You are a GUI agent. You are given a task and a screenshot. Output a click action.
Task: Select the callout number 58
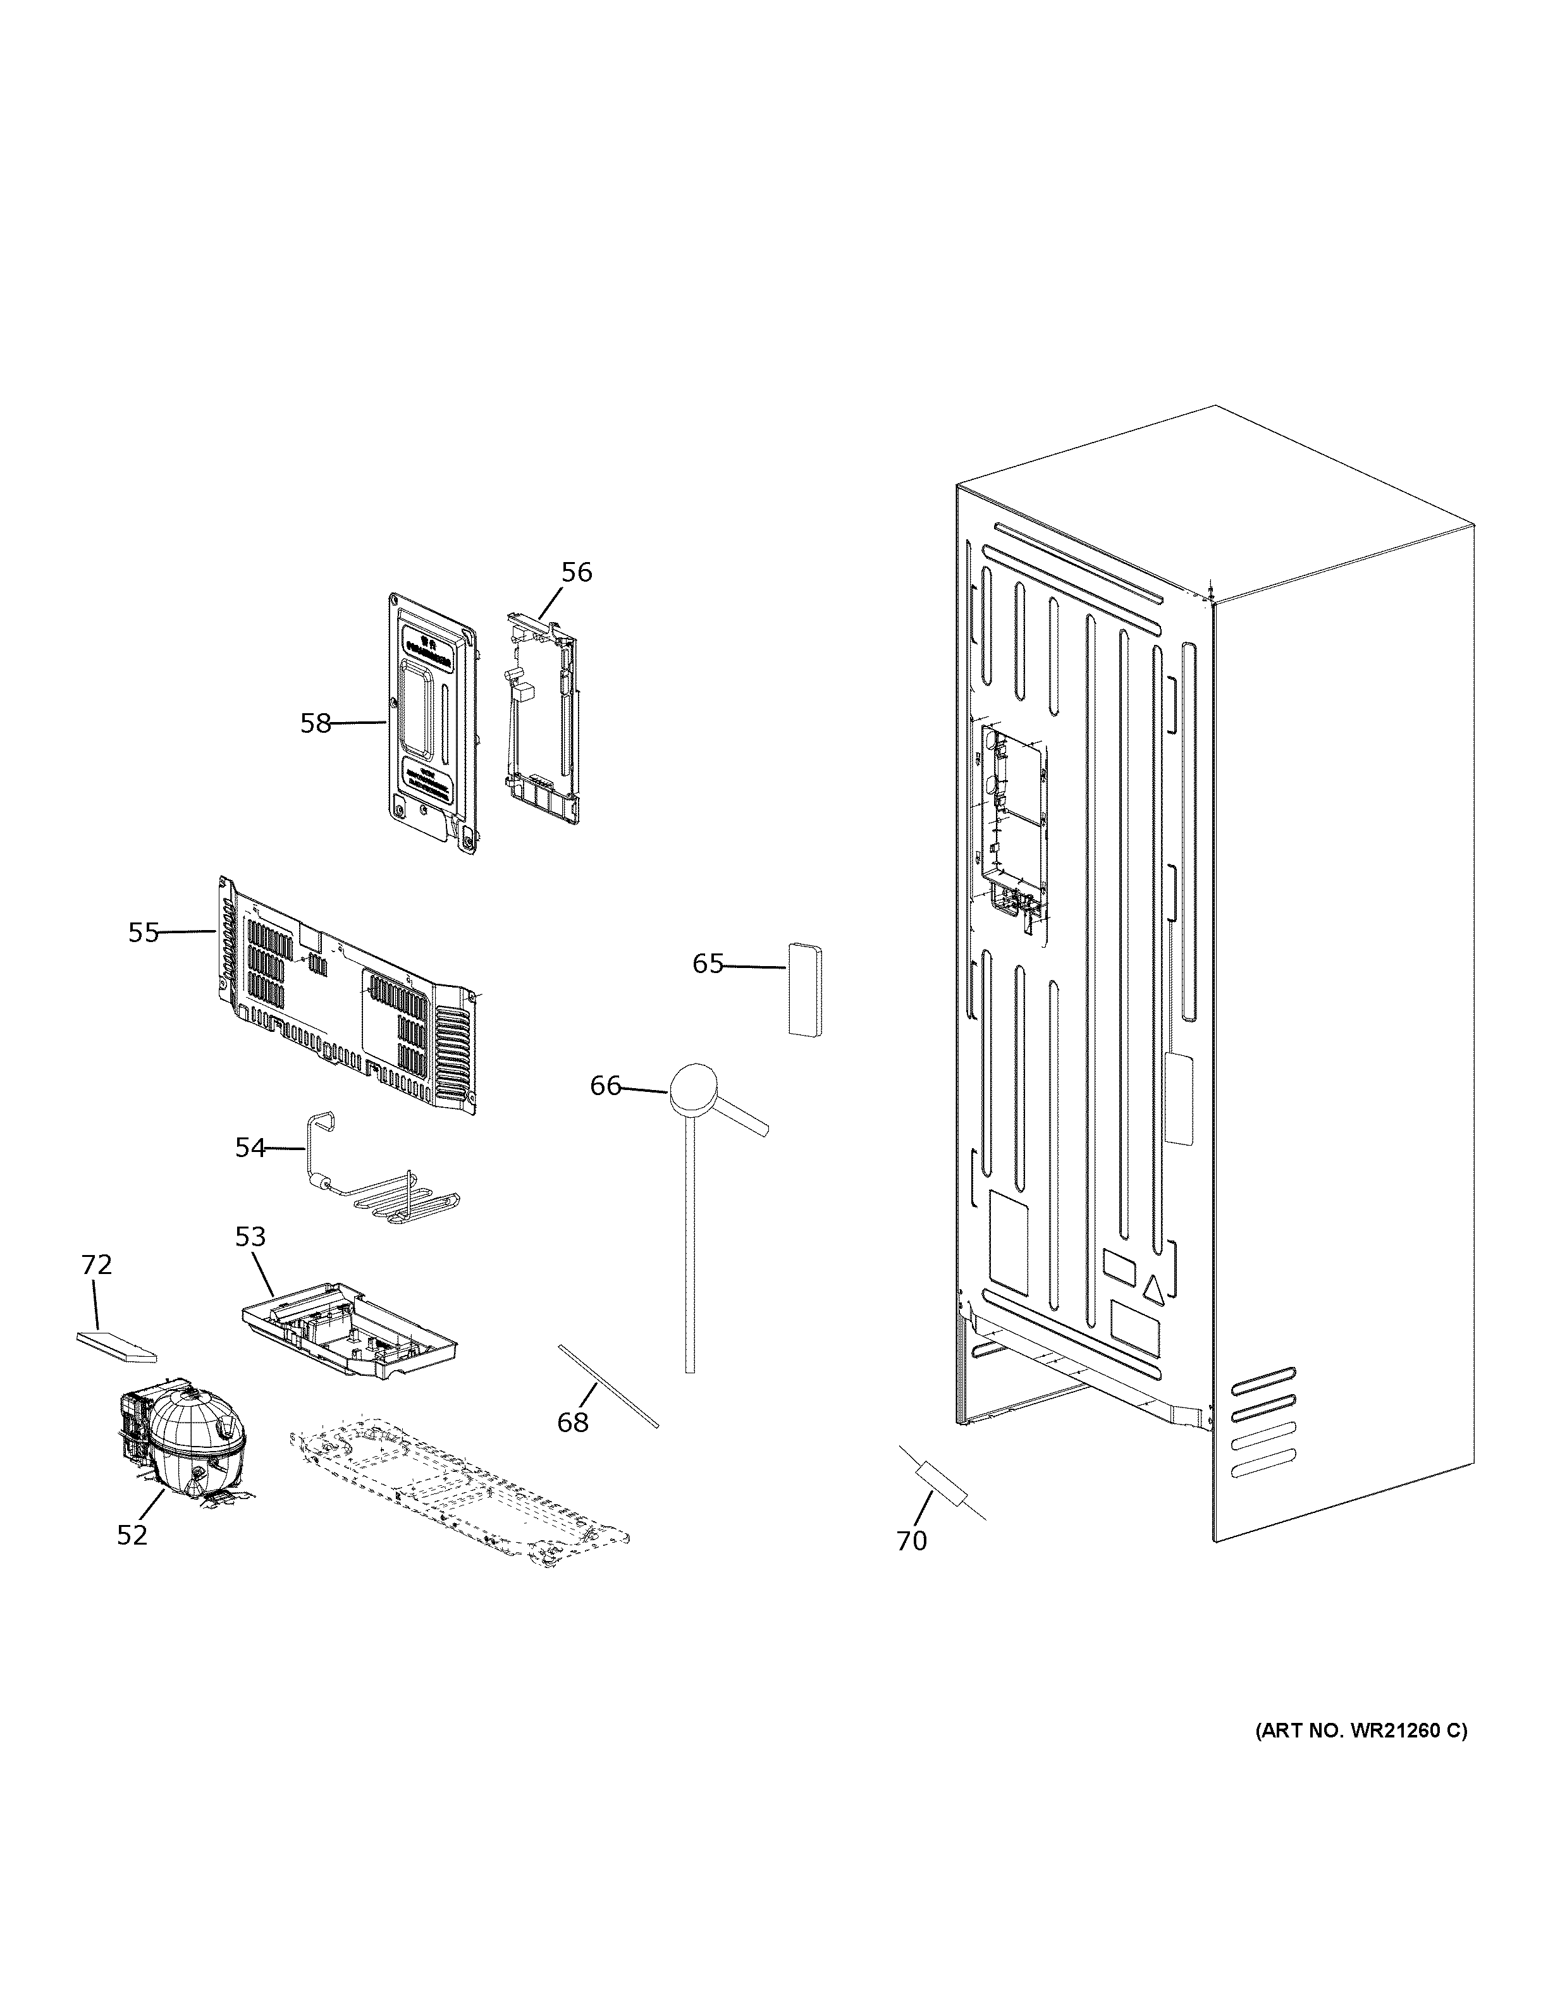[x=316, y=723]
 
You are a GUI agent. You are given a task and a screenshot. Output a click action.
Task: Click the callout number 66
[x=605, y=1086]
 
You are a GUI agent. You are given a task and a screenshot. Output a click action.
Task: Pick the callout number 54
[x=249, y=1148]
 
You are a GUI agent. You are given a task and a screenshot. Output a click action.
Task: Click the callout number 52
[x=132, y=1535]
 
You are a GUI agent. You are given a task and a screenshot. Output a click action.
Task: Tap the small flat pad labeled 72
[x=116, y=1345]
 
